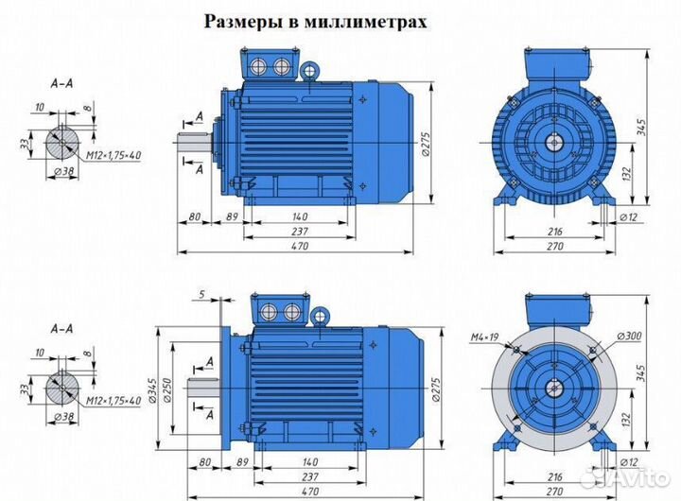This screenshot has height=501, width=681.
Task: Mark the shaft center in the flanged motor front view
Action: pyautogui.click(x=554, y=388)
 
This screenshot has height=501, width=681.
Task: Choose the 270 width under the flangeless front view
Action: pyautogui.click(x=554, y=246)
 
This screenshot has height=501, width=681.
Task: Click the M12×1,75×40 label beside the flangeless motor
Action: pyautogui.click(x=109, y=153)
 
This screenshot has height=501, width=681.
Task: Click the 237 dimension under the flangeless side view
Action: pyautogui.click(x=299, y=232)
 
